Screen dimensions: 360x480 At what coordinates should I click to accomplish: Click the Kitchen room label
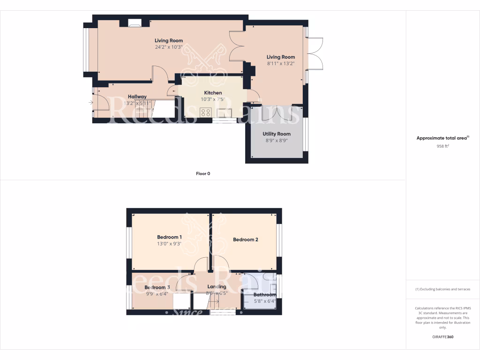pyautogui.click(x=213, y=93)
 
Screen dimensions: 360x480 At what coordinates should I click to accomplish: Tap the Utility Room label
pyautogui.click(x=277, y=134)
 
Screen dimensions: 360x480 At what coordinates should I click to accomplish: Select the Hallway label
pyautogui.click(x=137, y=97)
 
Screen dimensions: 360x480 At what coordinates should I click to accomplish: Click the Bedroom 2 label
pyautogui.click(x=246, y=240)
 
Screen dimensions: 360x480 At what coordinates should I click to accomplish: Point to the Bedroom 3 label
pyautogui.click(x=157, y=287)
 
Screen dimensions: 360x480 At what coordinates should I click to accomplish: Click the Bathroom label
pyautogui.click(x=265, y=295)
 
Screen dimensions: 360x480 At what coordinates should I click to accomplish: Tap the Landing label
pyautogui.click(x=217, y=286)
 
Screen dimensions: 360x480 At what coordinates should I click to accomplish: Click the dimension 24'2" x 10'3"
pyautogui.click(x=169, y=47)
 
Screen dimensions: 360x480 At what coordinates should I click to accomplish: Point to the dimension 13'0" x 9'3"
pyautogui.click(x=169, y=244)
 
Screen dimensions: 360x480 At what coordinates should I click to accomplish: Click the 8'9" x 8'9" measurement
pyautogui.click(x=277, y=140)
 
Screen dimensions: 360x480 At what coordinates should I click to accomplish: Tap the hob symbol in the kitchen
pyautogui.click(x=205, y=112)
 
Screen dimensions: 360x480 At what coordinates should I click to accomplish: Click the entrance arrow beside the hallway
pyautogui.click(x=90, y=102)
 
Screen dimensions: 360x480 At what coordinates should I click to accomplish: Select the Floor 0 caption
pyautogui.click(x=203, y=173)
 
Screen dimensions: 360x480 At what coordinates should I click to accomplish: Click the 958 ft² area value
pyautogui.click(x=442, y=146)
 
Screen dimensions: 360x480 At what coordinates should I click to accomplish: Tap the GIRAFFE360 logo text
pyautogui.click(x=442, y=337)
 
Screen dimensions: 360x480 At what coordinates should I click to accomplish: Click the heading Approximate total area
pyautogui.click(x=442, y=138)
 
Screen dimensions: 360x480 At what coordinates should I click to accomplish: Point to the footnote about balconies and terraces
pyautogui.click(x=442, y=289)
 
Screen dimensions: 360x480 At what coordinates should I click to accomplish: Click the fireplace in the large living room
pyautogui.click(x=135, y=22)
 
